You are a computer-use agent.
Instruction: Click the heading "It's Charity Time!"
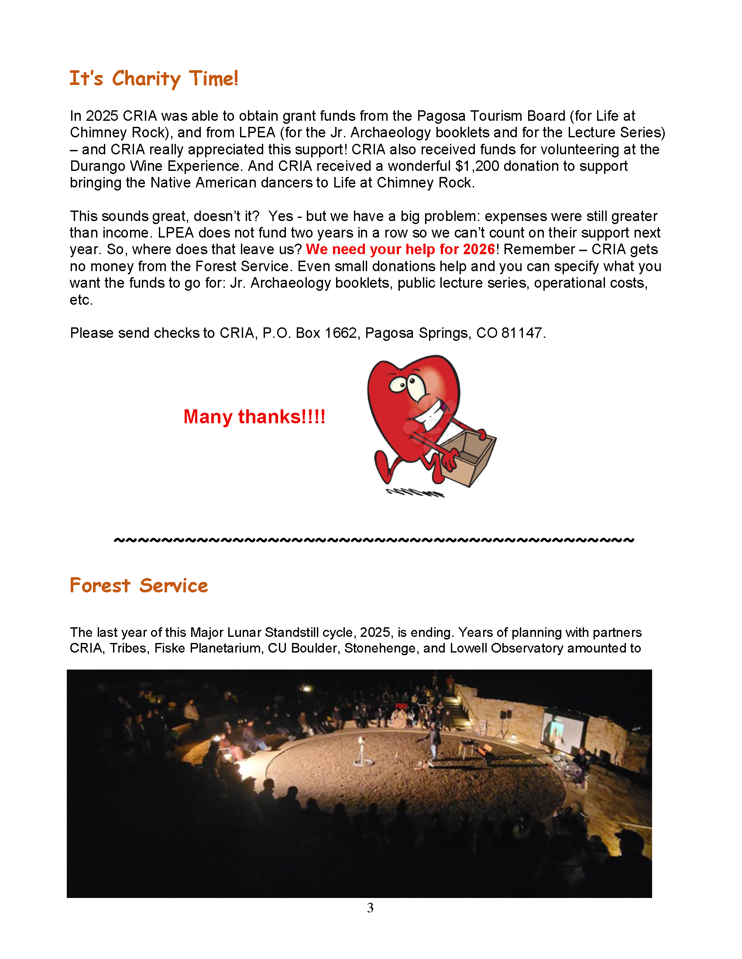click(x=153, y=79)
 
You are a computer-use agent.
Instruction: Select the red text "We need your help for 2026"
click(x=400, y=249)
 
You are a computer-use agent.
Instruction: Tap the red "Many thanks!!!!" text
click(x=254, y=416)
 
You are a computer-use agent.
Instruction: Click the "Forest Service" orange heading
click(x=138, y=586)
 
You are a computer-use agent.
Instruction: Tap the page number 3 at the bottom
click(x=370, y=908)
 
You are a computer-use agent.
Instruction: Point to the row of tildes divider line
click(x=374, y=540)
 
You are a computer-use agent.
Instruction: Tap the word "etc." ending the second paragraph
click(x=81, y=300)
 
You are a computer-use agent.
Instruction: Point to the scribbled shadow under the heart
click(x=416, y=493)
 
